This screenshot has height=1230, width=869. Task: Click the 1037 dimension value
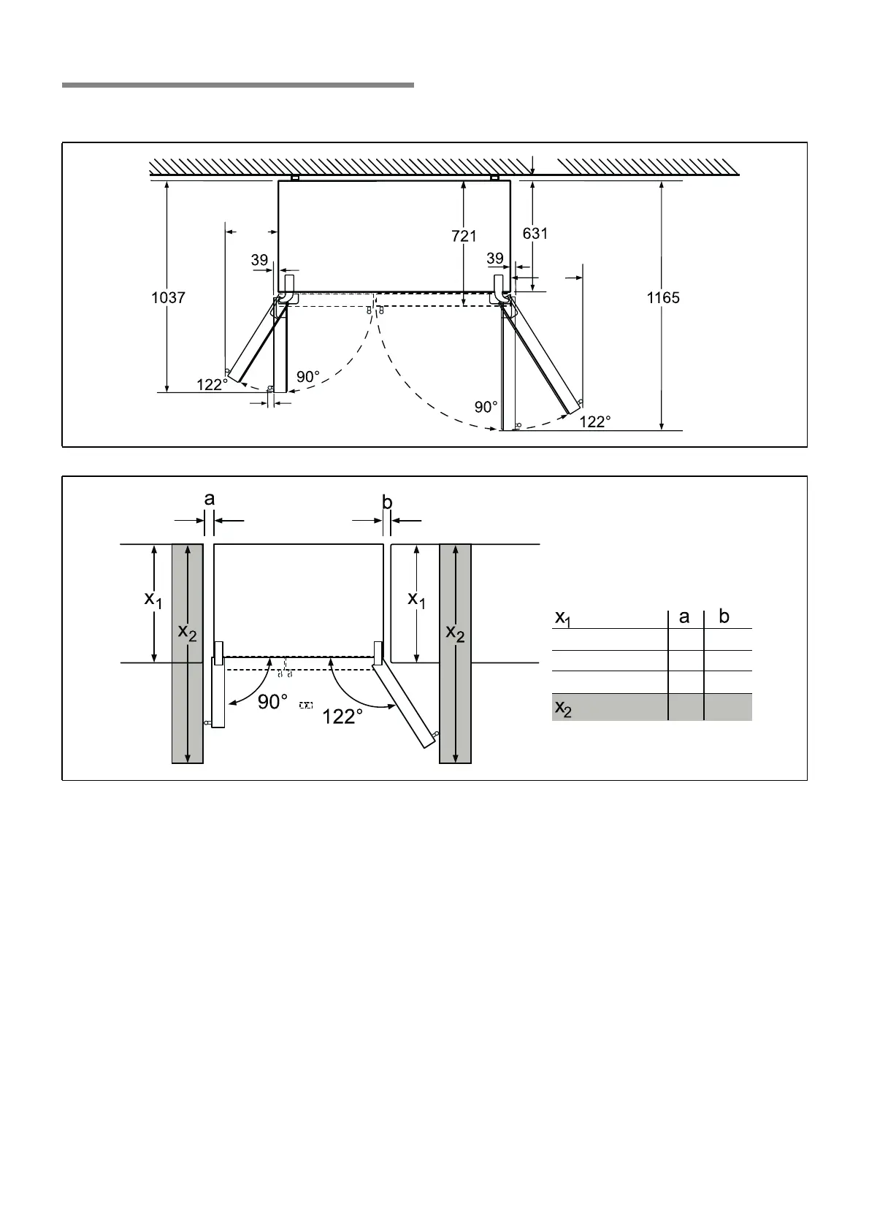tap(168, 298)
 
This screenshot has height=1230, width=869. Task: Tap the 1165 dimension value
tap(663, 298)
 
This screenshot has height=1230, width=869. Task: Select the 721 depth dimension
tap(464, 236)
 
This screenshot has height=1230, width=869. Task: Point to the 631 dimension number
tap(535, 234)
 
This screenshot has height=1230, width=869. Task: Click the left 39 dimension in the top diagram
tap(259, 260)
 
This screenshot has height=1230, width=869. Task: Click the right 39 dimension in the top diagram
tap(495, 258)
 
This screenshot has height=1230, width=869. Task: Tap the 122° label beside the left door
tap(212, 384)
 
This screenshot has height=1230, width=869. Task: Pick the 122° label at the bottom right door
tap(595, 422)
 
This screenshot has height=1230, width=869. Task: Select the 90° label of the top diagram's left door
tap(307, 377)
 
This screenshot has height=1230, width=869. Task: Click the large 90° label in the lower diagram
tap(273, 702)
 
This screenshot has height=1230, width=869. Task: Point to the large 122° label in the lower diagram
tap(342, 717)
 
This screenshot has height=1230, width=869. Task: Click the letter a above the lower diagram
tap(210, 500)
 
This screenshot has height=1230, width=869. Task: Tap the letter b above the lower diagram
tap(387, 502)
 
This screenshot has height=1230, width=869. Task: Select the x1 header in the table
tap(563, 619)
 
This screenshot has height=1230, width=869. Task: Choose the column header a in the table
tap(684, 617)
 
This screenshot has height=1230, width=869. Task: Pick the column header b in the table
tap(724, 616)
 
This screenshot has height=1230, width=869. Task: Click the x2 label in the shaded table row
tap(563, 708)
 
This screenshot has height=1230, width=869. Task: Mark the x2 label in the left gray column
tap(187, 633)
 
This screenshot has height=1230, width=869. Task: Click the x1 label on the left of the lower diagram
tap(153, 600)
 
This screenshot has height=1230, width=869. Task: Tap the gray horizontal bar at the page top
tap(238, 85)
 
